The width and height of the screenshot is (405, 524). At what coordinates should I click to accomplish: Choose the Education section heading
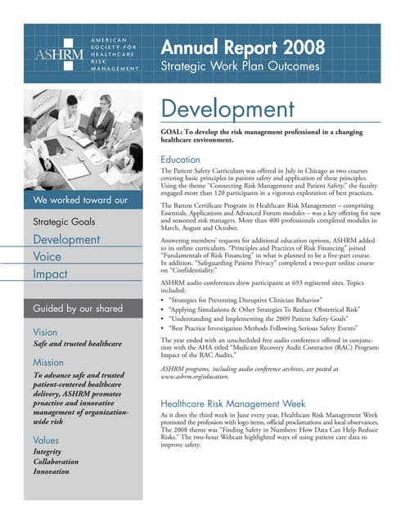[181, 159]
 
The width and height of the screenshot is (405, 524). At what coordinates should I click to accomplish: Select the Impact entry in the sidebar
[51, 275]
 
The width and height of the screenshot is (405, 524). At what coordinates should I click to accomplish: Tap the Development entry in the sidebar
[66, 239]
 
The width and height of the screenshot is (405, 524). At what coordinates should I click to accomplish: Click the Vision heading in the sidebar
[45, 332]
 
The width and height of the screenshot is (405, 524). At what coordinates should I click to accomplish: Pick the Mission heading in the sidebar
[48, 361]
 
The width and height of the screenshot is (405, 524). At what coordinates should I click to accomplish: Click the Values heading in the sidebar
[46, 440]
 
